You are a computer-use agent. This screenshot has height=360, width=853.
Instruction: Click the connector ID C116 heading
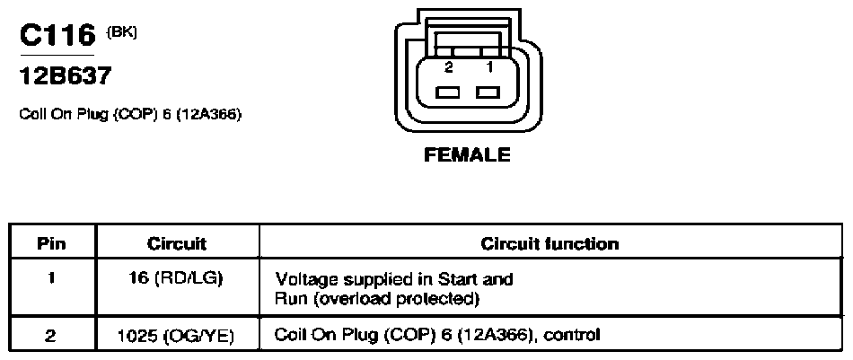[57, 36]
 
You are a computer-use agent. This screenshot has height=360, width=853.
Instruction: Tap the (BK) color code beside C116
[122, 32]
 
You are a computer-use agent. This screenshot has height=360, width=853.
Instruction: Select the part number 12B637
[66, 76]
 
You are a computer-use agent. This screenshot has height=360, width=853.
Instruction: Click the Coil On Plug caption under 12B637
[130, 115]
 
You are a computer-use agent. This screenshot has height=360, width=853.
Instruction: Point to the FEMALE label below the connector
[468, 155]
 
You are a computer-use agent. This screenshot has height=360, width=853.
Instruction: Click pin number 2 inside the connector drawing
[449, 67]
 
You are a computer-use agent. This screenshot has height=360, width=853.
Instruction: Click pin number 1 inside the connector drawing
[489, 67]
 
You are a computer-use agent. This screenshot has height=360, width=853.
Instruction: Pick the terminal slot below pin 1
[488, 92]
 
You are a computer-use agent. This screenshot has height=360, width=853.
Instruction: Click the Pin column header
[52, 243]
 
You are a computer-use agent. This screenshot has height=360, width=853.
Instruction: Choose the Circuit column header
[177, 243]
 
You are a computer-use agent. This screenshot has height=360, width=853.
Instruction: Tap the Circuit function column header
[550, 243]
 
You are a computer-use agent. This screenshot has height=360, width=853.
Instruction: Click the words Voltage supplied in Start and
[394, 279]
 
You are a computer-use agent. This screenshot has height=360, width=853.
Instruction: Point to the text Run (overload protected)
[377, 300]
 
